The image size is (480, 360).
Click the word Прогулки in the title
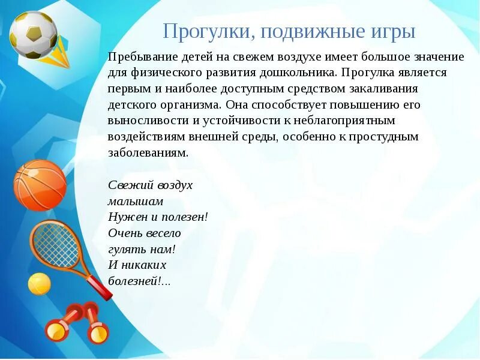201,31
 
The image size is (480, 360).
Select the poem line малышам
136,201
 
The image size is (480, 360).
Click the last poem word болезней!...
139,281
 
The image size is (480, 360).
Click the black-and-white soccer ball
34,34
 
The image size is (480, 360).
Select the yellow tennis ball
40,284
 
